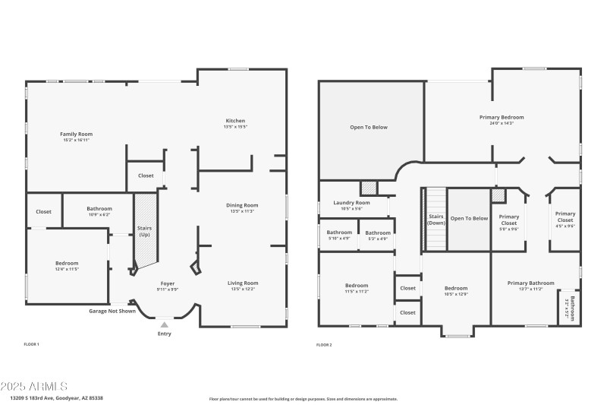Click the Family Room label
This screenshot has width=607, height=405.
pyautogui.click(x=76, y=134)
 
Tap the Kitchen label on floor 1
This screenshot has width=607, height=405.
pyautogui.click(x=235, y=120)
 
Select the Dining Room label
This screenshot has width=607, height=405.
pyautogui.click(x=243, y=205)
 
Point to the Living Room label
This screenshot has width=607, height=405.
pyautogui.click(x=243, y=283)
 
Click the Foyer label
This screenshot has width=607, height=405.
pyautogui.click(x=167, y=283)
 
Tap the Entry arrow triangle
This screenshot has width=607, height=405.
pyautogui.click(x=164, y=324)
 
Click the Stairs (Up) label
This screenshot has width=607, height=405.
pyautogui.click(x=144, y=231)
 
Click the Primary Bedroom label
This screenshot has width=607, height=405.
pyautogui.click(x=502, y=118)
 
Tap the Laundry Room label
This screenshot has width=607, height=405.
pyautogui.click(x=352, y=203)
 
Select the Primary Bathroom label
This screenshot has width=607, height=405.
pyautogui.click(x=530, y=283)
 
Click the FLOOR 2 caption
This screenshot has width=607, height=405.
pyautogui.click(x=324, y=345)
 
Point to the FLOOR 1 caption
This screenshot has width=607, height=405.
pyautogui.click(x=31, y=345)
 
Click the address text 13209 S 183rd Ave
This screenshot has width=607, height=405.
pyautogui.click(x=57, y=398)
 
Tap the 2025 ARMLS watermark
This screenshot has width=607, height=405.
pyautogui.click(x=34, y=387)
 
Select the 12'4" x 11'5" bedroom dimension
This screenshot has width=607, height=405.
pyautogui.click(x=67, y=269)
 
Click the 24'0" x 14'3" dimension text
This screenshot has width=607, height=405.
pyautogui.click(x=502, y=123)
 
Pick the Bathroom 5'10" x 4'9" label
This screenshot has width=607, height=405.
pyautogui.click(x=338, y=233)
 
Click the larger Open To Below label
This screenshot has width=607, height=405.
pyautogui.click(x=369, y=127)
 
